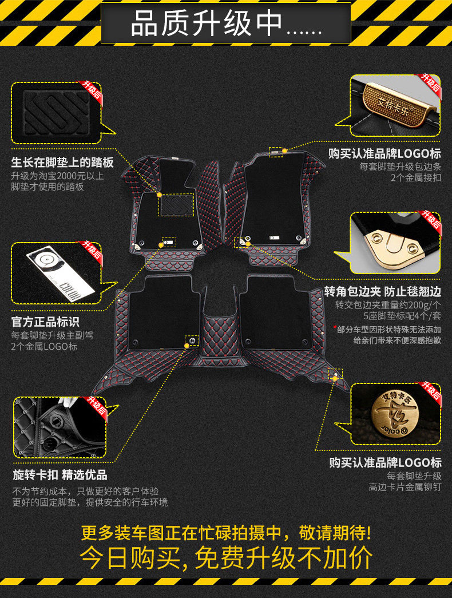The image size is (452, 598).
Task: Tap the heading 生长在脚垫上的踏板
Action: (62, 163)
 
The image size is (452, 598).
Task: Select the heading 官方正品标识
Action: (45, 322)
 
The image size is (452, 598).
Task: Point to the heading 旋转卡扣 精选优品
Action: (60, 475)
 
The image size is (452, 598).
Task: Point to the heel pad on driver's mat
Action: (176, 204)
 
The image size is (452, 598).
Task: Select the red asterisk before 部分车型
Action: (335, 328)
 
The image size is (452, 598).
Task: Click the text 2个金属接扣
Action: (416, 178)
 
